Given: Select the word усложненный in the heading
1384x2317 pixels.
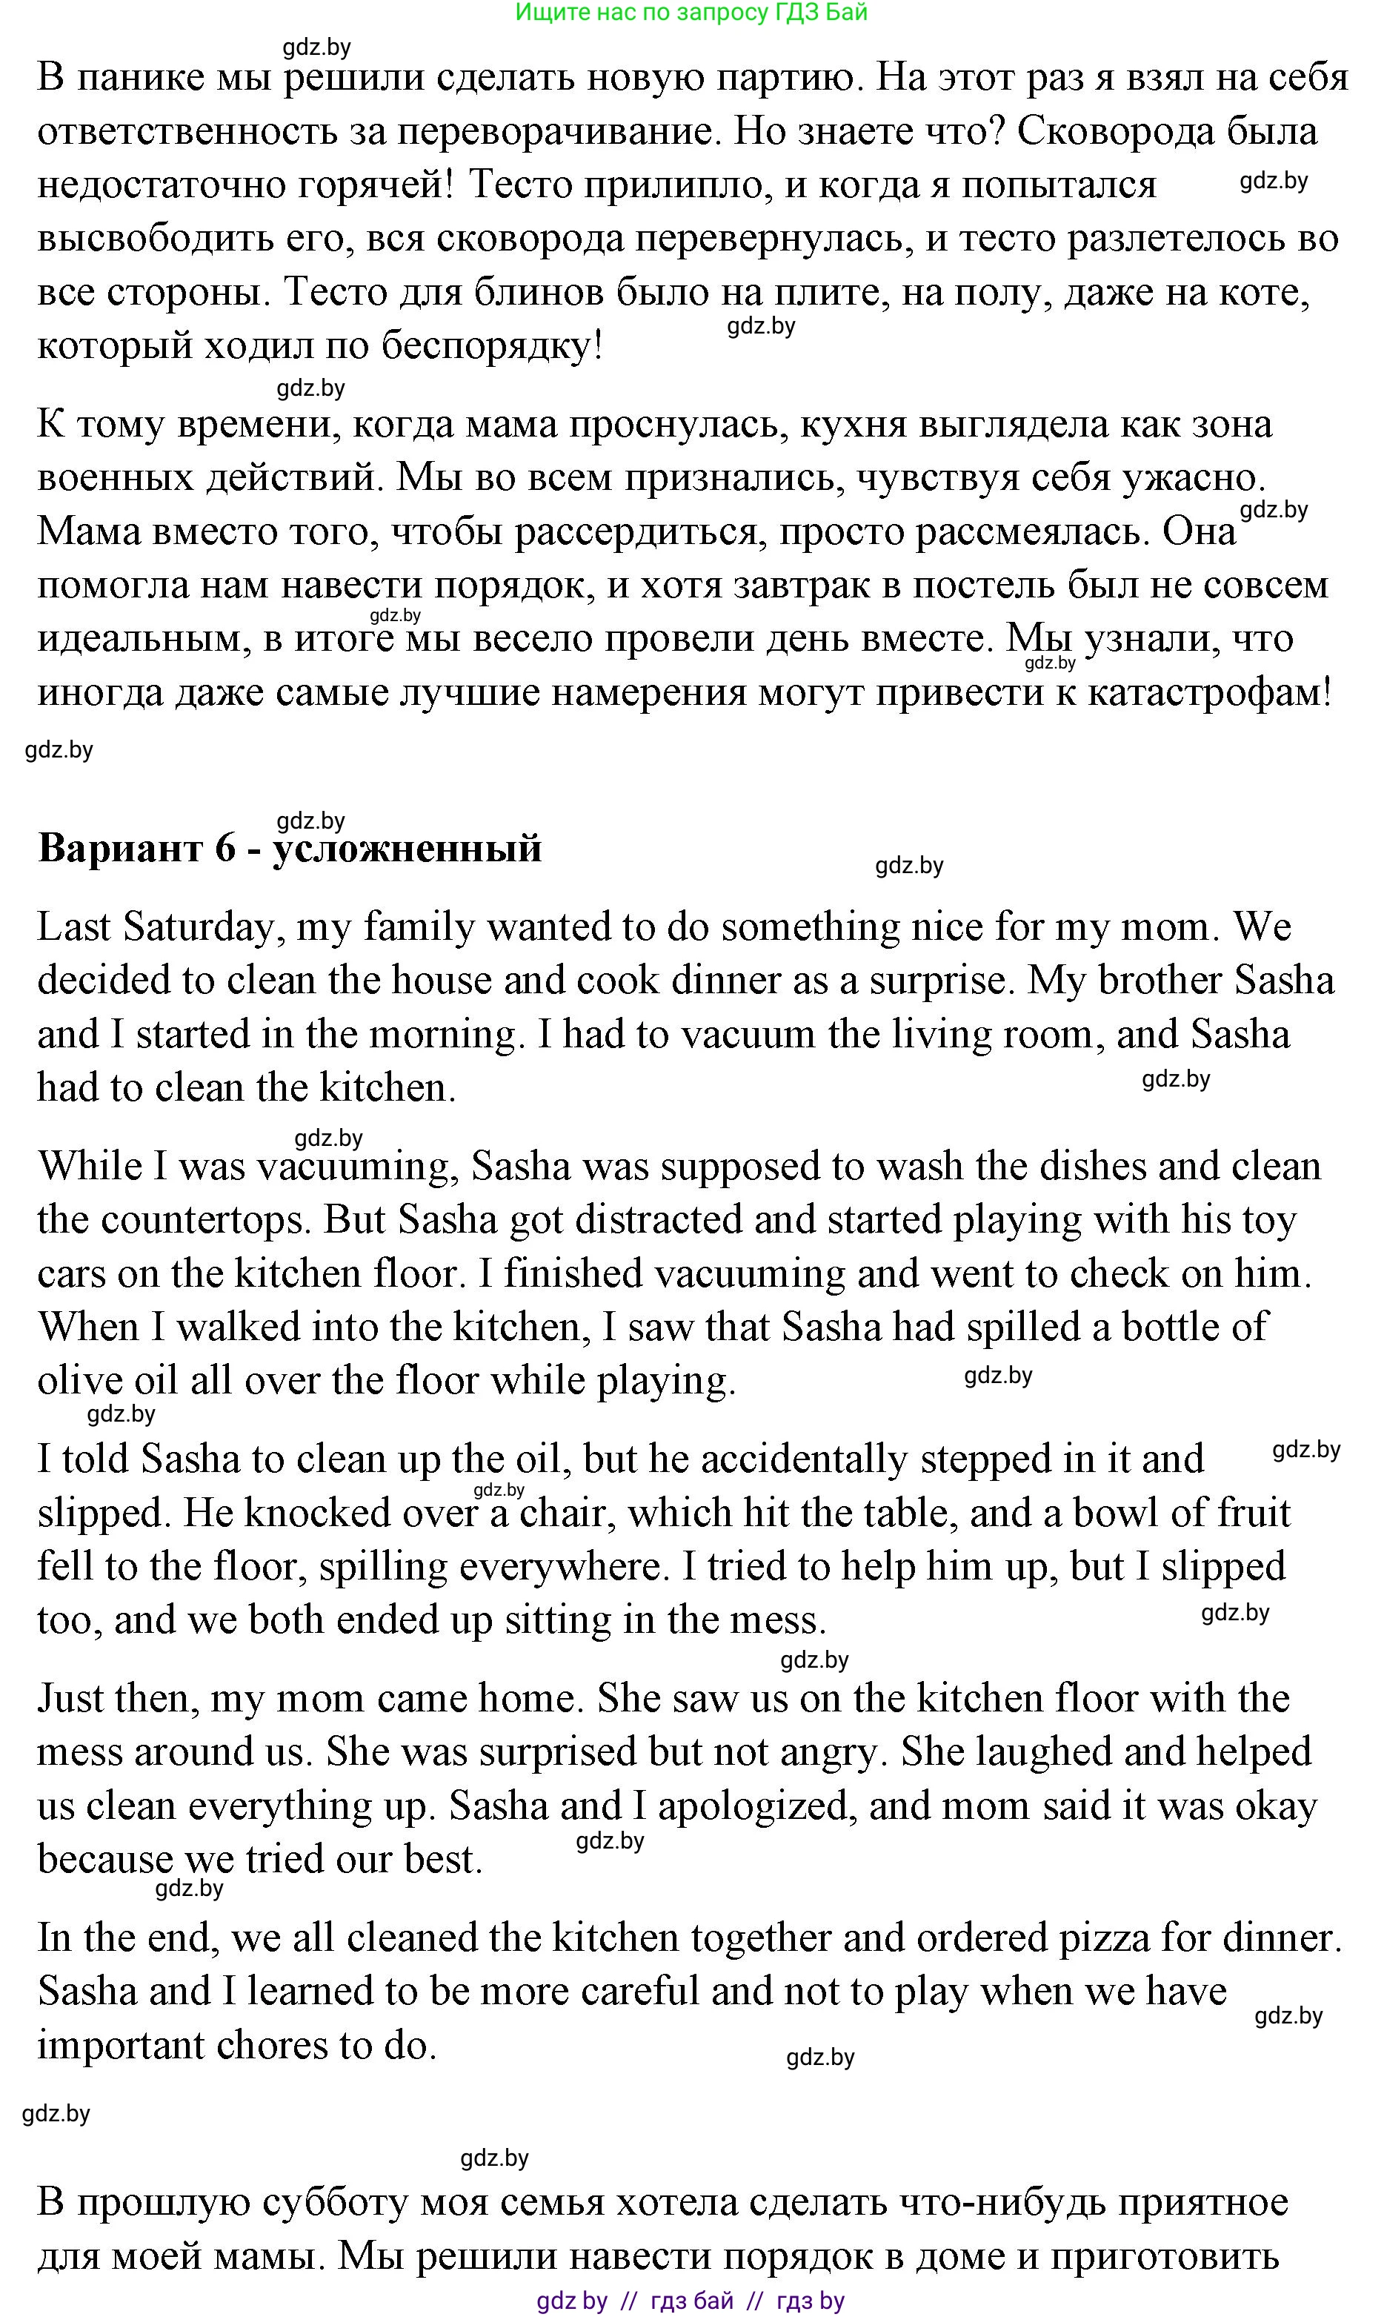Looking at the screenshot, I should point(407,848).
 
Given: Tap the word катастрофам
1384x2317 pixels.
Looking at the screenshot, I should point(1210,693).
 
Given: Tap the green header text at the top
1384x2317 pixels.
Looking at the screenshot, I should point(691,12).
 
